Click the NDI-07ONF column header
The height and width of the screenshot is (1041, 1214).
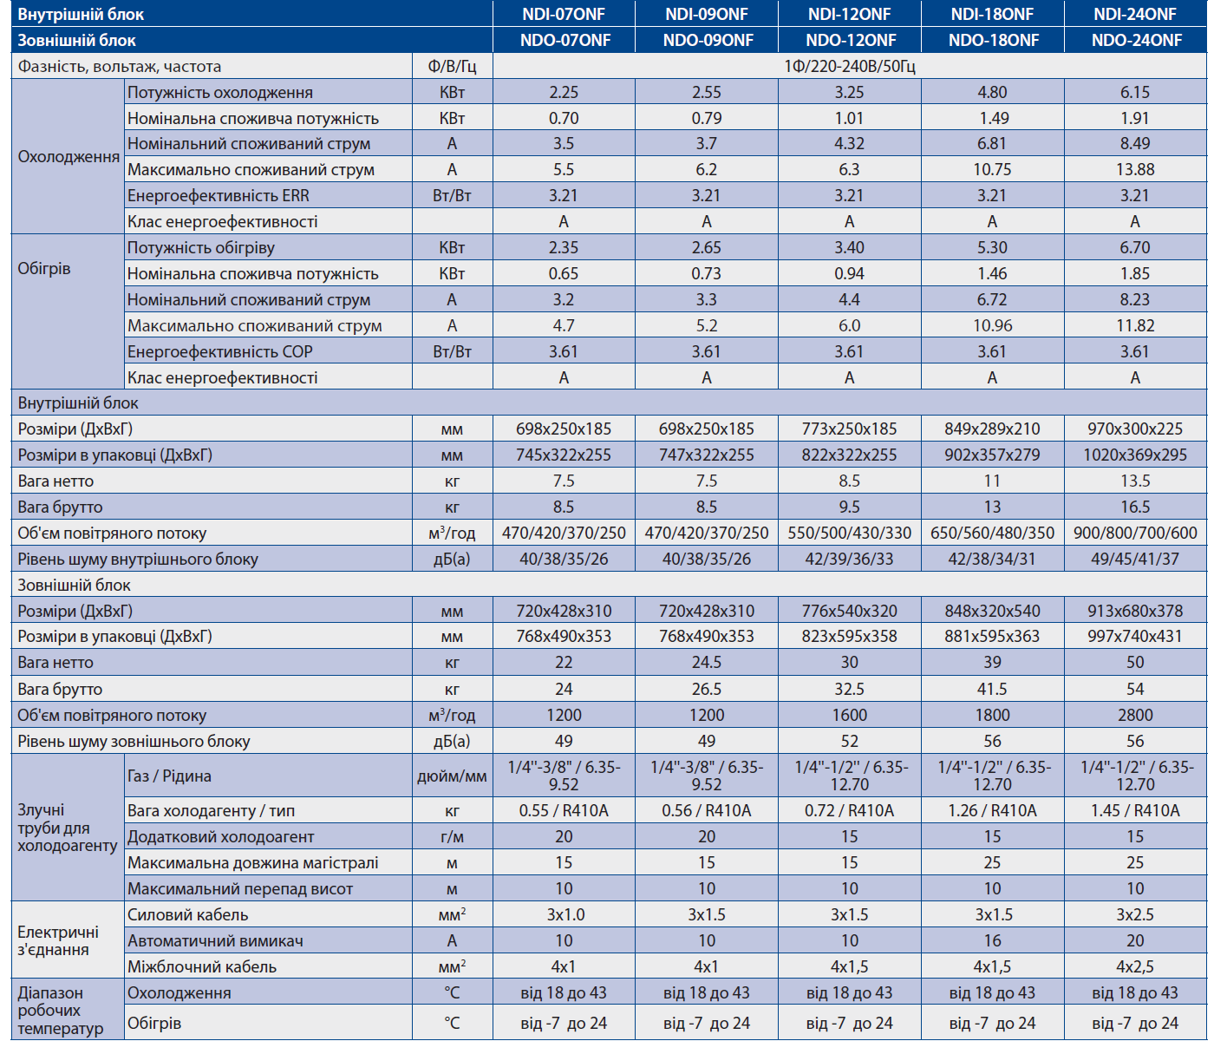pos(564,14)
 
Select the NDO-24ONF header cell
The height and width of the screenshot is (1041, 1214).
pos(1136,40)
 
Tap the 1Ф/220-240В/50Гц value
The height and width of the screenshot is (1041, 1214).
pos(849,66)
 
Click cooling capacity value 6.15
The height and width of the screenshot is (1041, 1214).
pos(1135,92)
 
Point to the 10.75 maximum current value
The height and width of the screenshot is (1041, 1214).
pos(992,169)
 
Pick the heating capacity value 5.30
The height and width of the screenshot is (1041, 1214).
pos(992,247)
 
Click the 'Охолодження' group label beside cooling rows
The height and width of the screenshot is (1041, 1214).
pos(69,157)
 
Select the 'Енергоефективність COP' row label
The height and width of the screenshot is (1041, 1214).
pos(219,351)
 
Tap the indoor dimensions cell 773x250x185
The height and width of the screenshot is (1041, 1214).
pos(849,429)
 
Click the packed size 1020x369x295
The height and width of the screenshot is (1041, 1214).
pos(1135,455)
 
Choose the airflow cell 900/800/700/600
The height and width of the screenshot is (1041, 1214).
pos(1135,533)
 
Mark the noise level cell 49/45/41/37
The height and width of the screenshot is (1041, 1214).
pos(1135,559)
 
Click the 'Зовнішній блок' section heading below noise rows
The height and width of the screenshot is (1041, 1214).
pos(74,585)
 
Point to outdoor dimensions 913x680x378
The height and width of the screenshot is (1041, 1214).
pos(1135,611)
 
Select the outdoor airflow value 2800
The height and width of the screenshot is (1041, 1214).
pos(1135,715)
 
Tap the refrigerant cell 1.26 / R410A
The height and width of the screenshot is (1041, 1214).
pos(992,810)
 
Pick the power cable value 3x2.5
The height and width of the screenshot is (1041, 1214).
pos(1135,914)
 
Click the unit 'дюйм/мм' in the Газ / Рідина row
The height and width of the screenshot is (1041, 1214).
pos(452,776)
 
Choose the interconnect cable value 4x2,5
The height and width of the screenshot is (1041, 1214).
pos(1135,966)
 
